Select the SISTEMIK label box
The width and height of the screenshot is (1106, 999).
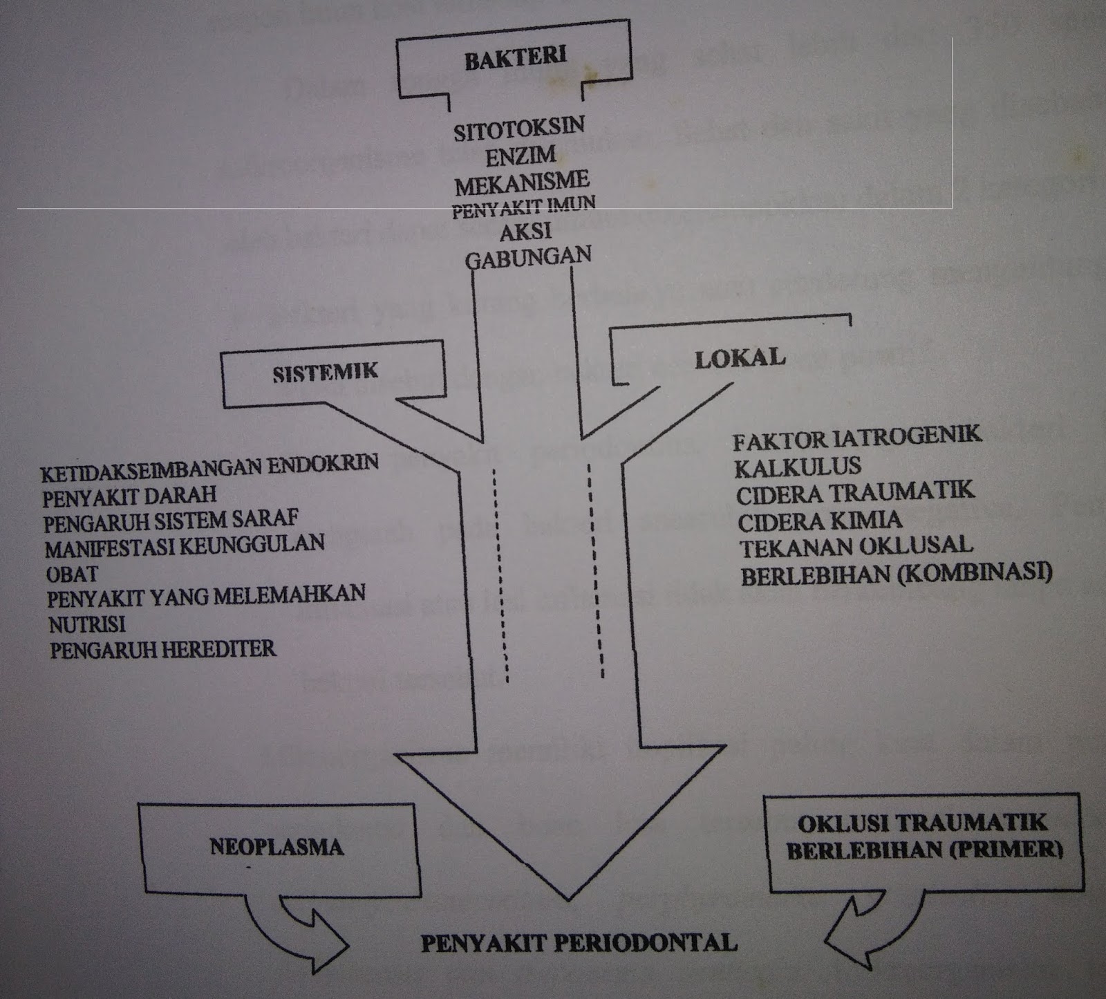[326, 373]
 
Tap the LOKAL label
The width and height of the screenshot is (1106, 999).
[740, 357]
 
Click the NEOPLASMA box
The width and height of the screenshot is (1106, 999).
[276, 848]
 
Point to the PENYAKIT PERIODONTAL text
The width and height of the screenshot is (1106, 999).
[579, 942]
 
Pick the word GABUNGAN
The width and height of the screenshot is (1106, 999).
[528, 258]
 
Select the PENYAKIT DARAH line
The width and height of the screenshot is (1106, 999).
[129, 495]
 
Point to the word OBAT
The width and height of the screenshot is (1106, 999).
[72, 573]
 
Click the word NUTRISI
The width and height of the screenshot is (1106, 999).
[87, 624]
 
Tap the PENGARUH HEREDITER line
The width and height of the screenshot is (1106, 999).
[162, 649]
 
